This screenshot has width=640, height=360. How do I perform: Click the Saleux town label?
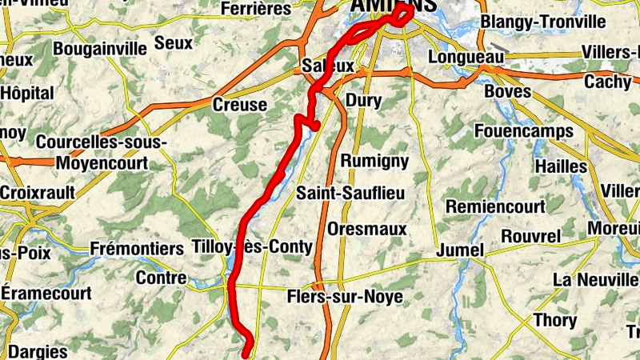click(328, 65)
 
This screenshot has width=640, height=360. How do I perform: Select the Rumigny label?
click(374, 161)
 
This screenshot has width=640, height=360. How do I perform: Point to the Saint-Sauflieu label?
click(350, 194)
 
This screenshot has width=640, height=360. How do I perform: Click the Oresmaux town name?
click(367, 230)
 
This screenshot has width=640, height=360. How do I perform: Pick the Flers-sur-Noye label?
click(344, 298)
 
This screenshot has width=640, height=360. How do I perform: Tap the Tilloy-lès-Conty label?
click(252, 247)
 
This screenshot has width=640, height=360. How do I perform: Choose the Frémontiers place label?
click(137, 249)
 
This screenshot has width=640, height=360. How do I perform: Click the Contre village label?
click(161, 278)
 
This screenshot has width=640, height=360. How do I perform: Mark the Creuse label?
click(240, 105)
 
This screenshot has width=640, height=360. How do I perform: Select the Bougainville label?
click(100, 49)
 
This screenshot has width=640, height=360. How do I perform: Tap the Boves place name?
click(508, 92)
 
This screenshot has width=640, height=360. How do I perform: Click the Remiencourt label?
click(496, 206)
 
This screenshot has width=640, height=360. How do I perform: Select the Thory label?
click(555, 320)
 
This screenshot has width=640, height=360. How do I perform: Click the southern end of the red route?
click(246, 351)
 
